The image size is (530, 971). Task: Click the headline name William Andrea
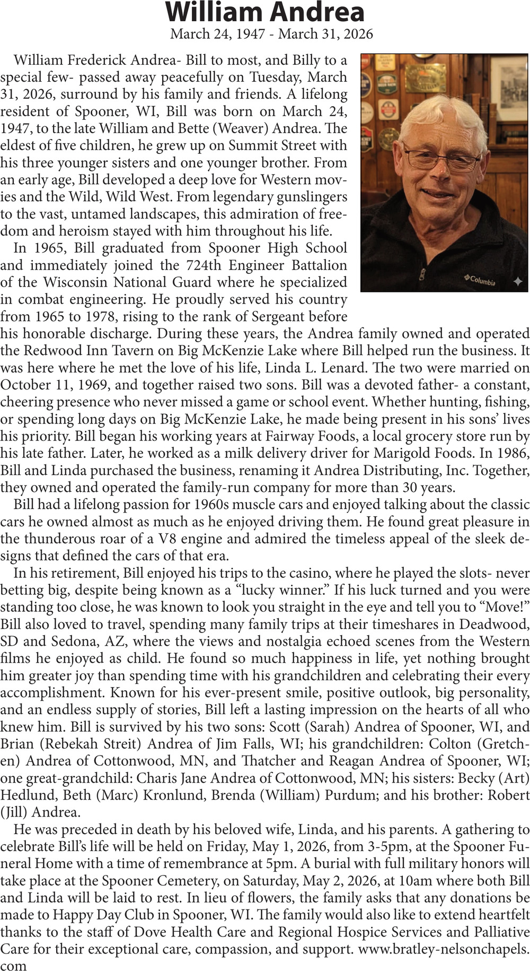point(265,13)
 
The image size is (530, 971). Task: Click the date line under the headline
point(271,34)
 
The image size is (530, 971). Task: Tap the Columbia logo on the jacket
point(480,280)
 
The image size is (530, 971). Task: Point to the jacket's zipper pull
point(421,274)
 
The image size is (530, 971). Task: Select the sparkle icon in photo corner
point(518,282)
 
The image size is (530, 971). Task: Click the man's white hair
point(440,114)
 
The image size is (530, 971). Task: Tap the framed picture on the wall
point(509,88)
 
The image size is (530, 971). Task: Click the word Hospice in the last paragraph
point(358,933)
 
